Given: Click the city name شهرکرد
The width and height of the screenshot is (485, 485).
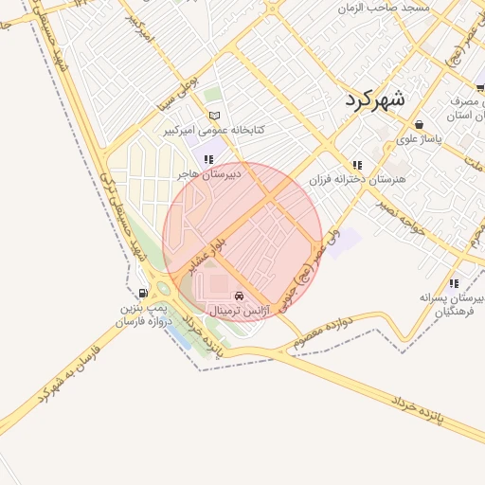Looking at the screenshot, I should point(375,99).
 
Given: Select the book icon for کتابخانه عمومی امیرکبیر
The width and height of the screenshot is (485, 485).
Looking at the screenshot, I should point(215,116).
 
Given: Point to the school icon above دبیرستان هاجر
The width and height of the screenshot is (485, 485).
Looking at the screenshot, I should point(208,159).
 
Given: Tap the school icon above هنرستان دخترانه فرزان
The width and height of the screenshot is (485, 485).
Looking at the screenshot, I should point(356,165).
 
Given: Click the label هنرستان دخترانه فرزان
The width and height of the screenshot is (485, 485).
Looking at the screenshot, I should point(356,179).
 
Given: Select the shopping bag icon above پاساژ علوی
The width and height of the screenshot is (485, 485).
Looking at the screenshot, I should point(419,124).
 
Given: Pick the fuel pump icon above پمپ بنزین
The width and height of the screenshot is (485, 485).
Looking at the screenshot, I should point(143,293).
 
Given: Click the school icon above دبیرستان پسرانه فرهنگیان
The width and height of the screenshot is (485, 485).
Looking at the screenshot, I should point(454,282).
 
